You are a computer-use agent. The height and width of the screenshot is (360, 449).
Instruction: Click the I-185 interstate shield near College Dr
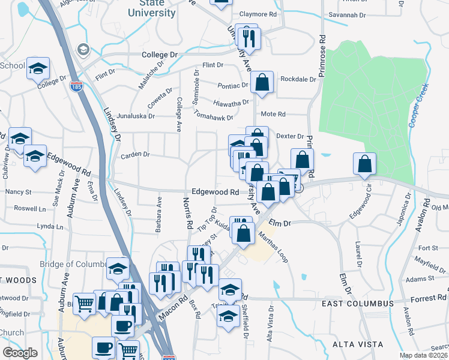pyautogui.click(x=76, y=87)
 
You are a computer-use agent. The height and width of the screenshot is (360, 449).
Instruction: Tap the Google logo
pyautogui.click(x=20, y=352)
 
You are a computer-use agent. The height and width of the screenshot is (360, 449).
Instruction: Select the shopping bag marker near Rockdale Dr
pyautogui.click(x=262, y=82)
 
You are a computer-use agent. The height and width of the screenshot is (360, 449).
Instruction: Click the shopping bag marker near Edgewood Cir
pyautogui.click(x=365, y=163)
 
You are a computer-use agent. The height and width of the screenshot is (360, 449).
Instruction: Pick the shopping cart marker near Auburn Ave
pyautogui.click(x=84, y=303)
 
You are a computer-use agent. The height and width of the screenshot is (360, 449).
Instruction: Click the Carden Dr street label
pyautogui.click(x=135, y=155)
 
